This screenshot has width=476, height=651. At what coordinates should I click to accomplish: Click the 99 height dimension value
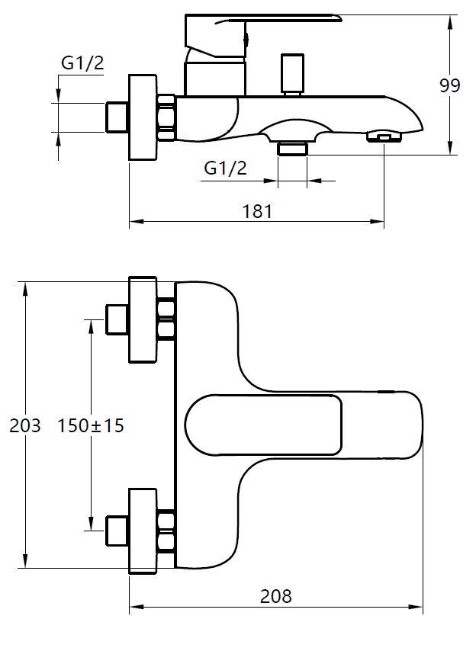pyautogui.click(x=450, y=85)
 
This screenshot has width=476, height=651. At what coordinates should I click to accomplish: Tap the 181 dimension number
pyautogui.click(x=257, y=211)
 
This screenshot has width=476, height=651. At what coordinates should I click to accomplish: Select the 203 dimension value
pyautogui.click(x=24, y=425)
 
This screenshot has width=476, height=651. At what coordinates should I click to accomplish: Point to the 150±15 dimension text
pyautogui.click(x=91, y=425)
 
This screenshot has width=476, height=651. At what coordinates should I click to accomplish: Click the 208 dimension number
pyautogui.click(x=275, y=595)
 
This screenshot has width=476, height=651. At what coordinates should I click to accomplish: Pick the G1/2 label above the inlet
pyautogui.click(x=82, y=64)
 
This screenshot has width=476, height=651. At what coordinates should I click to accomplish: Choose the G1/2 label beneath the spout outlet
pyautogui.click(x=226, y=168)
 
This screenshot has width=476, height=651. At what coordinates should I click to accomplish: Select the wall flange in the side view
pyautogui.click(x=143, y=117)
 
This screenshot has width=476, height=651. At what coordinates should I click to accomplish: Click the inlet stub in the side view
pyautogui.click(x=116, y=117)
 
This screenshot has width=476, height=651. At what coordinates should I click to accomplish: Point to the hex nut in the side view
pyautogui.click(x=166, y=117)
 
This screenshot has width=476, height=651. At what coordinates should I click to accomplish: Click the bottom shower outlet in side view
pyautogui.click(x=291, y=147)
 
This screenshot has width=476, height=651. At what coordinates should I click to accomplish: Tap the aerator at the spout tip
pyautogui.click(x=382, y=137)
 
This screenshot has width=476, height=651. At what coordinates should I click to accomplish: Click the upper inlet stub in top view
pyautogui.click(x=116, y=319)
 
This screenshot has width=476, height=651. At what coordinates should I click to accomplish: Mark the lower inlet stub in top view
pyautogui.click(x=116, y=531)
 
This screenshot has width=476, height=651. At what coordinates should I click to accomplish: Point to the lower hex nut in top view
pyautogui.click(x=166, y=531)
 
